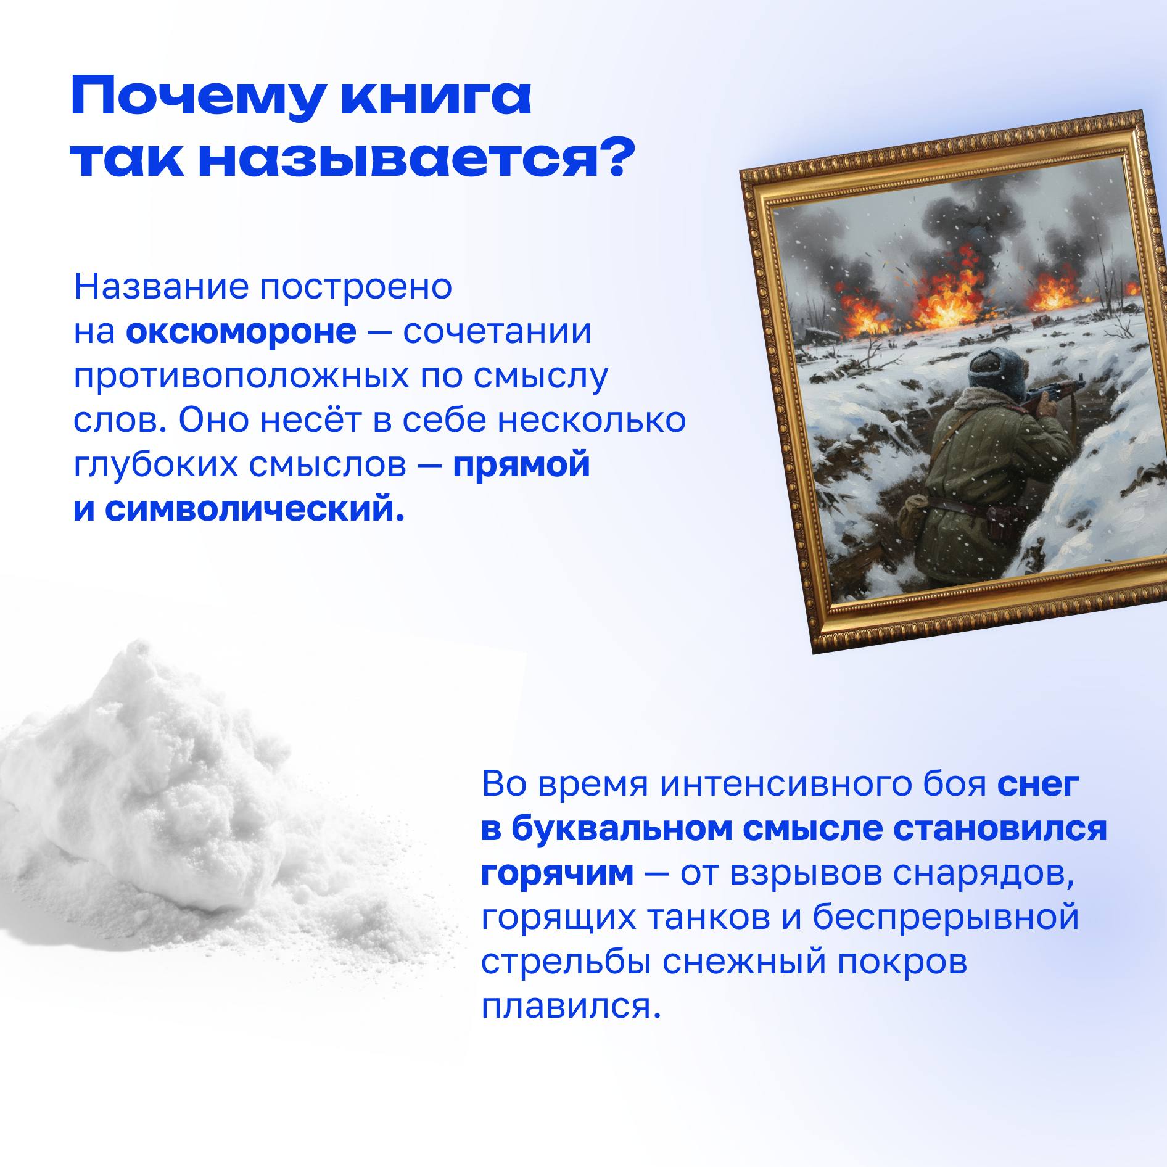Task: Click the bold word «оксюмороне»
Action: tap(241, 332)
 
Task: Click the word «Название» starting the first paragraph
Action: tap(161, 287)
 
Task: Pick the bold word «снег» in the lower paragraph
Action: tap(1038, 785)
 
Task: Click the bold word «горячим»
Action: tap(557, 873)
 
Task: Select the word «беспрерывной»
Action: tap(945, 917)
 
